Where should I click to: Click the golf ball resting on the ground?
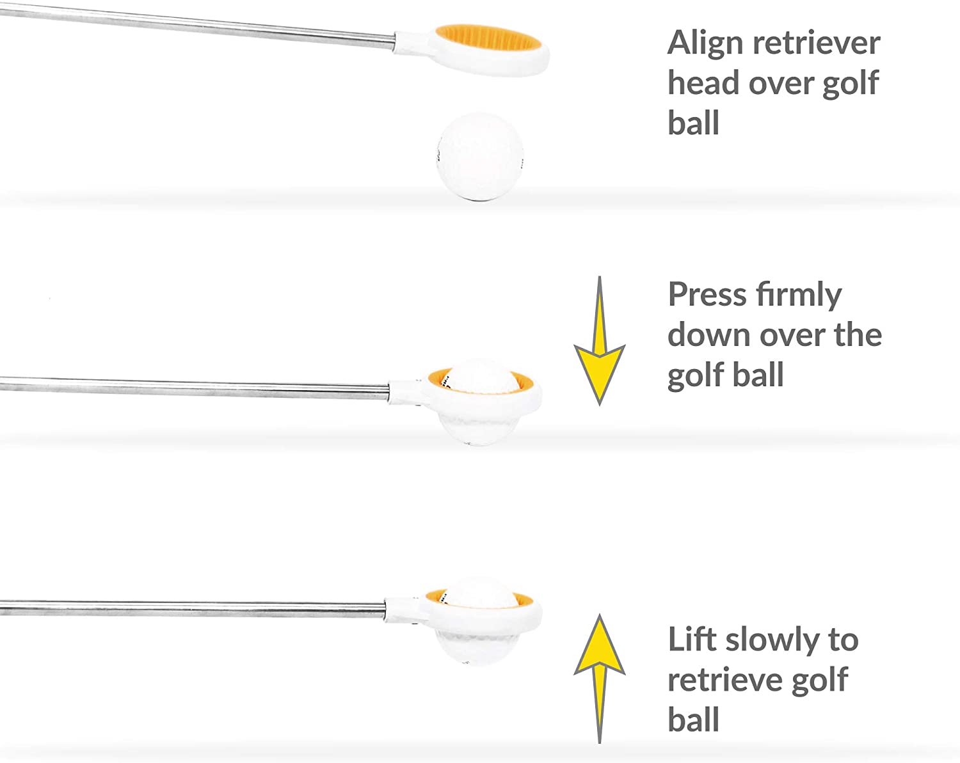[x=479, y=157]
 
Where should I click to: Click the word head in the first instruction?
[x=703, y=83]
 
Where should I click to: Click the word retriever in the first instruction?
[x=816, y=43]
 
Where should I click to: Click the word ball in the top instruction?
[x=693, y=123]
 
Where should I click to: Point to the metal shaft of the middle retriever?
[x=192, y=386]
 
